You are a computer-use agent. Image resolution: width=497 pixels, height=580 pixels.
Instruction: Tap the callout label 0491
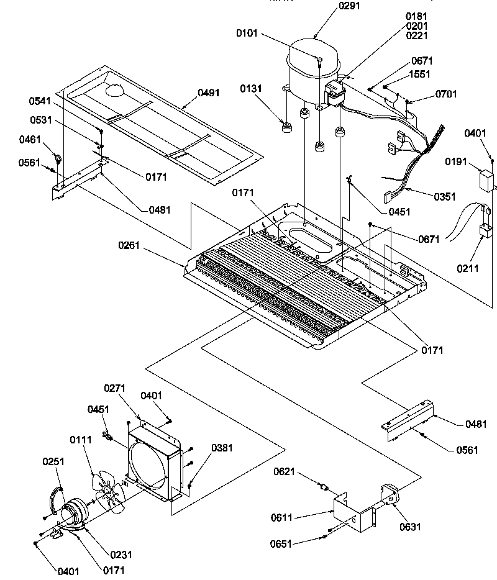tap(208, 93)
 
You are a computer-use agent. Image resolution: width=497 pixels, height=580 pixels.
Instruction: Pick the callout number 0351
tap(445, 197)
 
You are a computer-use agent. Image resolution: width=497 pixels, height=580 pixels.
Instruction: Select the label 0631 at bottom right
tap(411, 527)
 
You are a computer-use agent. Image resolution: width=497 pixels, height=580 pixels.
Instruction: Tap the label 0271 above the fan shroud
tap(115, 389)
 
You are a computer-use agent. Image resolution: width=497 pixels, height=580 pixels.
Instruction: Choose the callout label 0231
tap(121, 555)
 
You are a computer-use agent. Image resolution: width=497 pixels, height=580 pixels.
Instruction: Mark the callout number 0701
tap(446, 94)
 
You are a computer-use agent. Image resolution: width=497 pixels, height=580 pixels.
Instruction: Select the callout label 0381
tap(222, 448)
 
